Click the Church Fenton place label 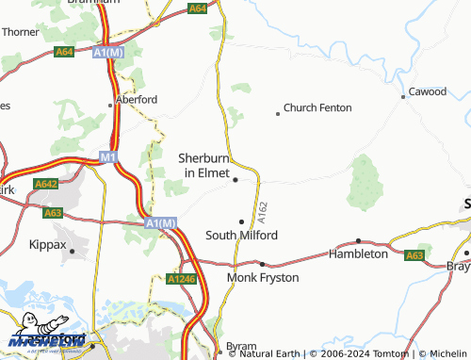click(x=317, y=108)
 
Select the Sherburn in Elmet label click(x=204, y=166)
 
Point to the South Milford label click(x=241, y=236)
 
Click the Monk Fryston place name click(x=263, y=278)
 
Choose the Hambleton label click(x=358, y=254)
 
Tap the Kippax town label click(x=48, y=244)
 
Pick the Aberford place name click(x=136, y=98)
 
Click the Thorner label click(x=20, y=31)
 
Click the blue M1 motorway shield click(x=107, y=155)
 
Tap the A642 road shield click(x=44, y=184)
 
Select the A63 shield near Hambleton click(x=414, y=255)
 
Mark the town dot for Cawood click(x=402, y=97)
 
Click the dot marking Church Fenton click(x=277, y=114)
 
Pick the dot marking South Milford click(x=241, y=222)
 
